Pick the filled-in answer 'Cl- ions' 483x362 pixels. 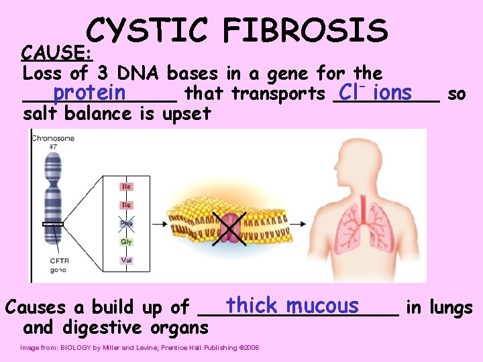375,92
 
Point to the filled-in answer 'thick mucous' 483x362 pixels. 292,306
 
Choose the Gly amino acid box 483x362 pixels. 126,241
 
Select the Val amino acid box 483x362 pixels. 126,260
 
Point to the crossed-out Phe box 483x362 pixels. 126,223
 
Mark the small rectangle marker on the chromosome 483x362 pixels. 52,223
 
